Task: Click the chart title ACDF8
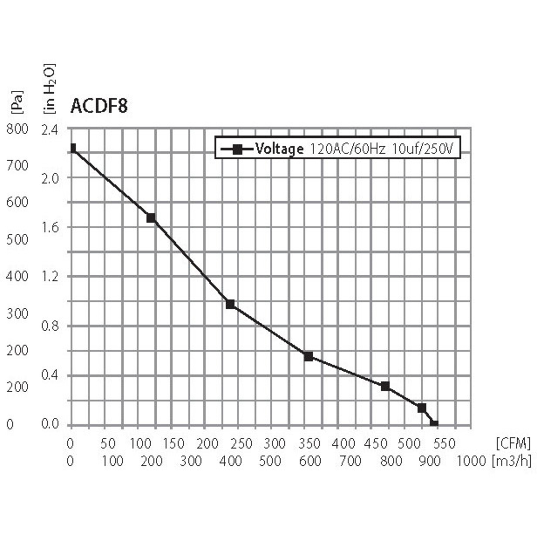click(99, 106)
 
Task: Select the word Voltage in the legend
click(279, 149)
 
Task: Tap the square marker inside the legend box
click(238, 150)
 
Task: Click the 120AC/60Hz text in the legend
click(347, 149)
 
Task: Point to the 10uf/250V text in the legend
click(422, 149)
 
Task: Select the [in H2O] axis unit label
click(49, 89)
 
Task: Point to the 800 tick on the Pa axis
click(17, 129)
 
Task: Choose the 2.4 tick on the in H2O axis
click(50, 130)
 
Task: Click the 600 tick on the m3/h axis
click(310, 461)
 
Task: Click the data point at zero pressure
click(434, 423)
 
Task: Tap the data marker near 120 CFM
click(151, 218)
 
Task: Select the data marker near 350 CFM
click(308, 356)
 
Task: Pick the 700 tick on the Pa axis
click(17, 166)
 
